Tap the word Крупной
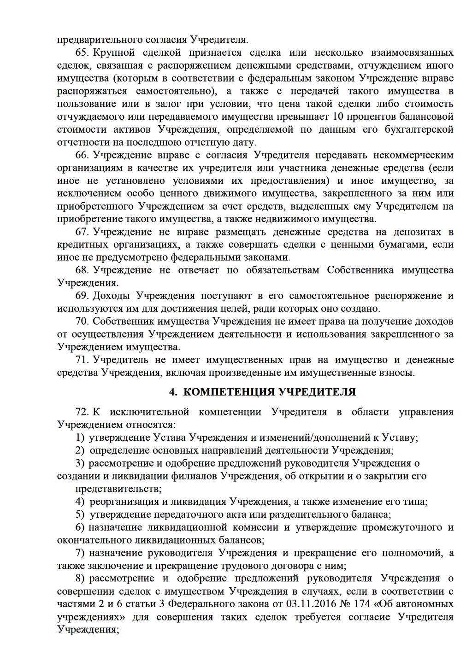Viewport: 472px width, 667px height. pos(114,53)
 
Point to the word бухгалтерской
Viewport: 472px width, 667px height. pos(419,129)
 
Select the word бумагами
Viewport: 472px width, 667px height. pos(401,245)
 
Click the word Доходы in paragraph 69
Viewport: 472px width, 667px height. pos(111,296)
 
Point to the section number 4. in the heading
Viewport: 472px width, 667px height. pos(173,392)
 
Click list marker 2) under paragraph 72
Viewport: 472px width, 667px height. pos(80,451)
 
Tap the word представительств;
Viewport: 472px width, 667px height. pos(118,489)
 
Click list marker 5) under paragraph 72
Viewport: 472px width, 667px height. pos(80,515)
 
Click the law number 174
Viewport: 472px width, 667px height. pos(362,604)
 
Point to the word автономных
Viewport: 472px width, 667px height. pos(423,604)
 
